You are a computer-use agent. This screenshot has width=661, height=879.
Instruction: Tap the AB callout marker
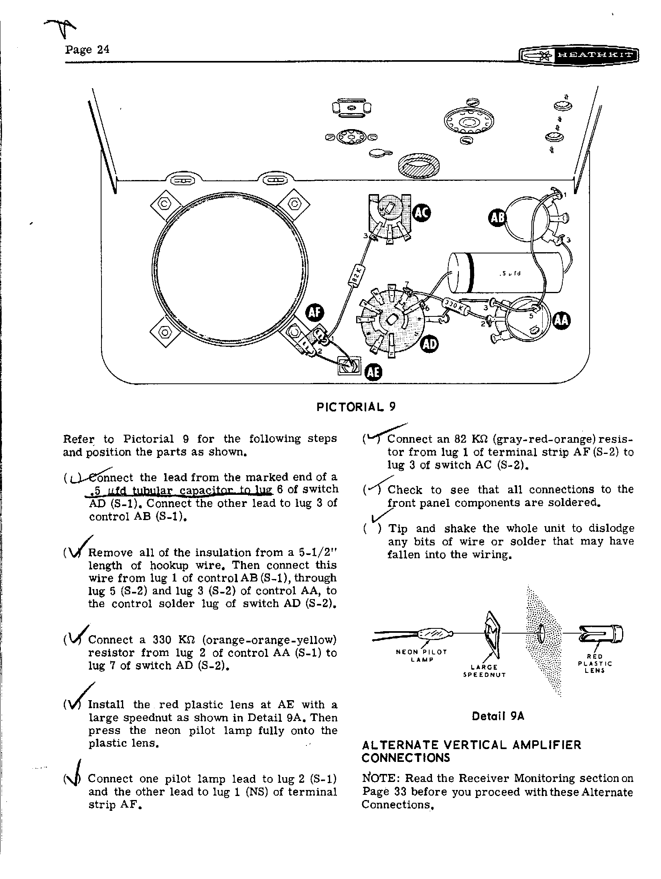[497, 218]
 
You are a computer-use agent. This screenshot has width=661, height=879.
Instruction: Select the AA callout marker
[562, 322]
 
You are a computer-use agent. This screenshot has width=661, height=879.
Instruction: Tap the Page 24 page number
[87, 50]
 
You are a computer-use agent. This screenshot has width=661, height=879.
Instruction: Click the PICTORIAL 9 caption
[356, 407]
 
